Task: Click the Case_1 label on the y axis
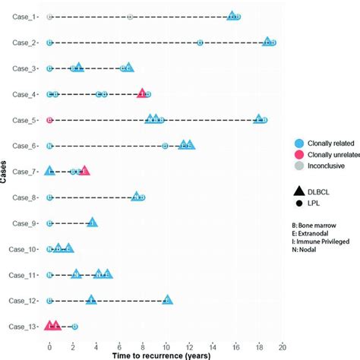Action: click(24, 16)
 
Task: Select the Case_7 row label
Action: click(24, 172)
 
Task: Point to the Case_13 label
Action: click(22, 327)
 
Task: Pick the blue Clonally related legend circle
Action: click(301, 142)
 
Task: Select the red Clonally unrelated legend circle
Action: click(301, 156)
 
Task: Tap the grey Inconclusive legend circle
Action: click(301, 169)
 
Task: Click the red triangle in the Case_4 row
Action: click(142, 93)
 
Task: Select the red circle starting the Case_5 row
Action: click(49, 120)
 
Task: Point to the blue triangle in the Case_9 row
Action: click(92, 223)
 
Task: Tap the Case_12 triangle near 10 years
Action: click(167, 300)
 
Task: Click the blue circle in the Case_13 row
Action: click(74, 327)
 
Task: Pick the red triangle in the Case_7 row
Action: click(84, 171)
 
